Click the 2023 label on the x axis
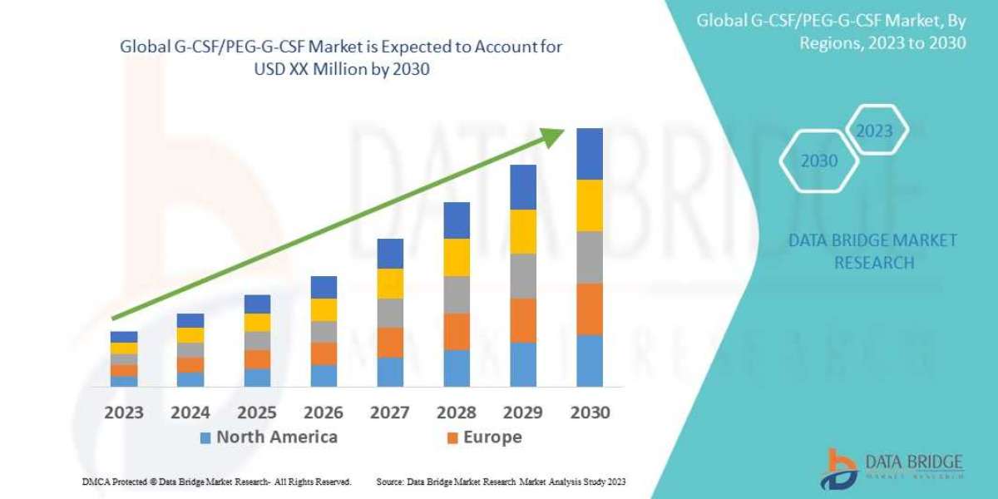123,413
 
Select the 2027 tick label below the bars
389,413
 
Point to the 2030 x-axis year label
590,413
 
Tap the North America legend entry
268,437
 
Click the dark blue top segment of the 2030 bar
590,154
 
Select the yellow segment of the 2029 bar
523,231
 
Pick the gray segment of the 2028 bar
457,294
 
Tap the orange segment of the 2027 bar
390,342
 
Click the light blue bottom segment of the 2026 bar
324,375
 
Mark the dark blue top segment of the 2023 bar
124,337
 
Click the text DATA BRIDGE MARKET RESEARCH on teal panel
872,251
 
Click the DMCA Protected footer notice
217,482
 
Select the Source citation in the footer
501,482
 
